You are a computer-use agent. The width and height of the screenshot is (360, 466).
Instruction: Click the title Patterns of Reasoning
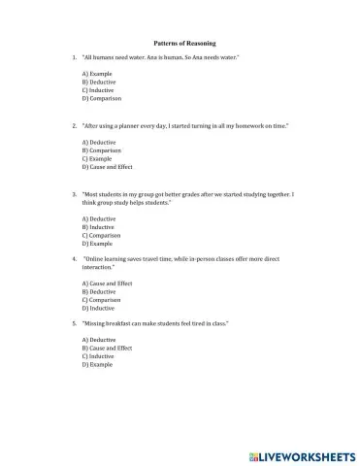click(184, 44)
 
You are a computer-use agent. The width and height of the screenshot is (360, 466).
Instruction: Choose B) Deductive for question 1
click(98, 83)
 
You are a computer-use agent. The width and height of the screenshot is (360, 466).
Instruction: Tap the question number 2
click(75, 125)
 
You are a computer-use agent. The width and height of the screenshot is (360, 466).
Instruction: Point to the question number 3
click(75, 194)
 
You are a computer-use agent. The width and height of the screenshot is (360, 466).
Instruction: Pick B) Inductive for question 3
click(98, 226)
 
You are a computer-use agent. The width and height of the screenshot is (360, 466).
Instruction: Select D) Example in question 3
click(96, 243)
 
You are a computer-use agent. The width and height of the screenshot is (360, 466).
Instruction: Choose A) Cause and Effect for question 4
click(106, 283)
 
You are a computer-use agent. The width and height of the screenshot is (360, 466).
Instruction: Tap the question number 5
click(75, 322)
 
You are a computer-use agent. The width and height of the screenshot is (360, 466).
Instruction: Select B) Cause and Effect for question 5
click(106, 348)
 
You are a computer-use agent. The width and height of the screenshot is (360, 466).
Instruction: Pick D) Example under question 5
click(96, 364)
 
